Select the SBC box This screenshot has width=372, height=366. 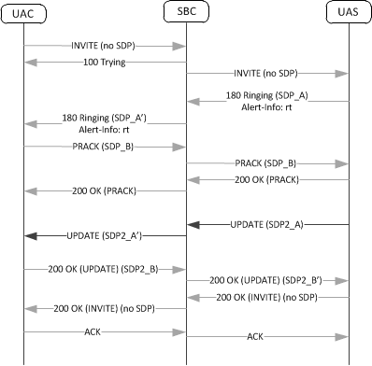click(186, 13)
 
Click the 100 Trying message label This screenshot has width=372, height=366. click(104, 63)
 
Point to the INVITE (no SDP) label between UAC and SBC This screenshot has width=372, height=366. click(106, 46)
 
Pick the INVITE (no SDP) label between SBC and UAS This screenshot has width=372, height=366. click(268, 72)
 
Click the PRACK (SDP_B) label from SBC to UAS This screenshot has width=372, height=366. click(268, 163)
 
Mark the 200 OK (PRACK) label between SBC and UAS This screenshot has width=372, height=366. click(268, 178)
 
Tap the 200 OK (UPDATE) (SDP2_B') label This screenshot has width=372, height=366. click(268, 279)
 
